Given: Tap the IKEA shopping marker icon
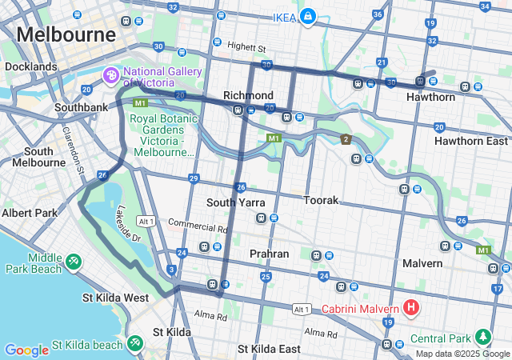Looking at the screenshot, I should tap(307, 17).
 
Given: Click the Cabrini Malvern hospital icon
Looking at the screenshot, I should tap(411, 307).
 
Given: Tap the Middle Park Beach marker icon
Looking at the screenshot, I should tap(74, 261).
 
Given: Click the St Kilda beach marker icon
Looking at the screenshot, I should tap(134, 345).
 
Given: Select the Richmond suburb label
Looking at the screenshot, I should tap(248, 95).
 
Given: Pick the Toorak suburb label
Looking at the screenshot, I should tap(321, 200).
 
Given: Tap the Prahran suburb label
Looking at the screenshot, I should tap(269, 254).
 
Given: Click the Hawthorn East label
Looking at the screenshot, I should tap(470, 141).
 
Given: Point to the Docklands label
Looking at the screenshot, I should tap(30, 67).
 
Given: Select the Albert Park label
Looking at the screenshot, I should tap(30, 213).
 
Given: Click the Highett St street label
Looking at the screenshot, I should tap(246, 46).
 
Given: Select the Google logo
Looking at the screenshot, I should tap(26, 350).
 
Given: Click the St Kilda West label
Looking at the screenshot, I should tap(115, 298).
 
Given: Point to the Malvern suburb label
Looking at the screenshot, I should tap(422, 263).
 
